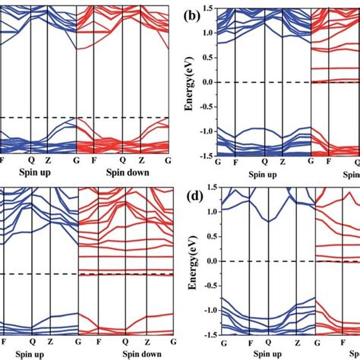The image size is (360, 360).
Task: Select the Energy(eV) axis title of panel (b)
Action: (191, 81)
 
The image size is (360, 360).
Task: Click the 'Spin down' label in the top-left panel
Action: (125, 172)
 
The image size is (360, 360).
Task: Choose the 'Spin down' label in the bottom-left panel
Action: (125, 353)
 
